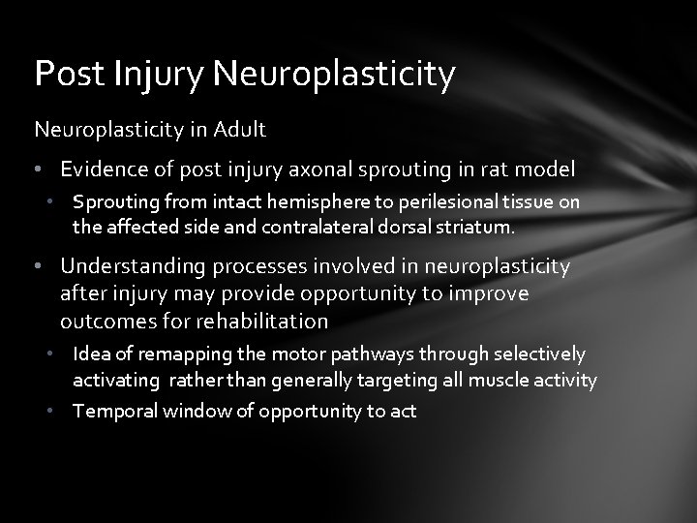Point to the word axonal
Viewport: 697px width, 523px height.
click(x=329, y=169)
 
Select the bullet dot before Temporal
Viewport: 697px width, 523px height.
click(x=60, y=412)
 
